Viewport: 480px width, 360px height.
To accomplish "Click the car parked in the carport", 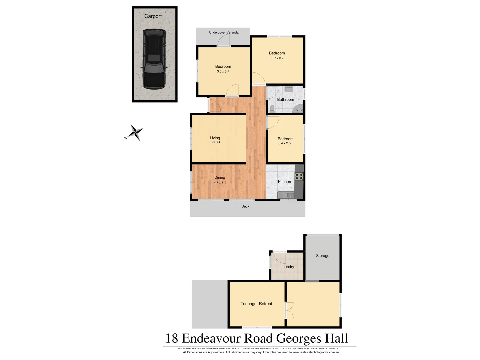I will click(154, 59).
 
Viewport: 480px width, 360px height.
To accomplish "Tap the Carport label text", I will click(153, 16).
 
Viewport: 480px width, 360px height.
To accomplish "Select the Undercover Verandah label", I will click(224, 32).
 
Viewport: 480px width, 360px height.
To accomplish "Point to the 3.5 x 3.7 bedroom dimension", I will click(223, 71).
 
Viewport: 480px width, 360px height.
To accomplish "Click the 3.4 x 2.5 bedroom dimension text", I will click(284, 143).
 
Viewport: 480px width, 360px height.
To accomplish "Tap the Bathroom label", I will click(285, 99).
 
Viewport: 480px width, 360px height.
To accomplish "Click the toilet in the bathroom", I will click(272, 108).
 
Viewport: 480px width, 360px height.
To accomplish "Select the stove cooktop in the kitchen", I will click(299, 176).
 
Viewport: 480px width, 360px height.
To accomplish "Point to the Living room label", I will click(215, 138).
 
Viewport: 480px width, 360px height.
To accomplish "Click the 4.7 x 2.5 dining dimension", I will click(220, 182).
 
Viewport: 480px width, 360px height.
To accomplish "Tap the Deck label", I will click(245, 206).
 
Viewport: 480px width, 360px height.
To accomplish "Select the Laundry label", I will click(287, 267).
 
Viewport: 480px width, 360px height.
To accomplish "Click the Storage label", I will click(322, 256).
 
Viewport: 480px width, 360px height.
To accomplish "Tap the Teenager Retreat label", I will click(256, 304).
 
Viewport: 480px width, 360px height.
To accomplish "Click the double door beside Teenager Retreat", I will click(289, 310).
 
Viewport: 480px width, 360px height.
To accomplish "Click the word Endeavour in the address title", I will click(211, 338).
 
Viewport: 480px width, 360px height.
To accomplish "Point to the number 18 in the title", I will click(172, 338).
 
